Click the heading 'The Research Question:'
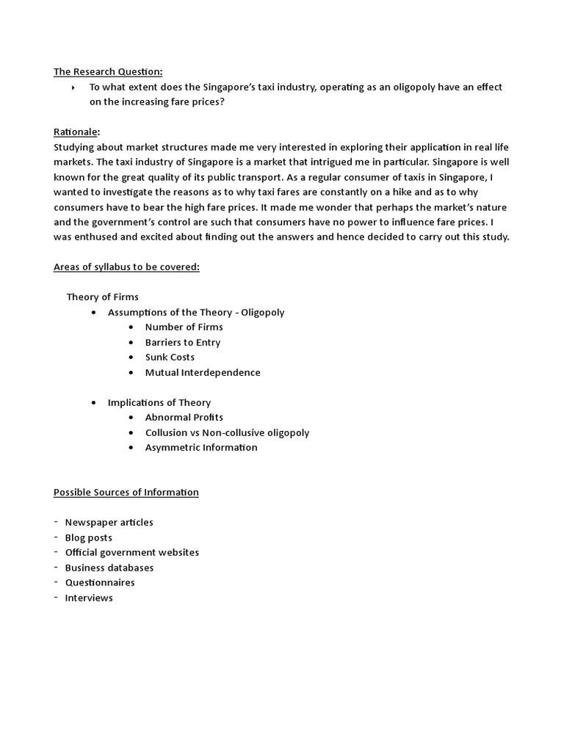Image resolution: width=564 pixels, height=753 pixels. click(x=108, y=71)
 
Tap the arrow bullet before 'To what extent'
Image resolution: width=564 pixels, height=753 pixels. click(x=74, y=88)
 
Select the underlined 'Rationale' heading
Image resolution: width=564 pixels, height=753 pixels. click(x=76, y=132)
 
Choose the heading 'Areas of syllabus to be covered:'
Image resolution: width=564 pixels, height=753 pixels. click(x=126, y=267)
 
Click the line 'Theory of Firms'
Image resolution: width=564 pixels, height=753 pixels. click(x=101, y=297)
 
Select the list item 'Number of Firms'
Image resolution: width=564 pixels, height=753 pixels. click(x=184, y=327)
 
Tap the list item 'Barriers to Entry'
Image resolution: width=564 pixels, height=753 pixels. click(x=182, y=342)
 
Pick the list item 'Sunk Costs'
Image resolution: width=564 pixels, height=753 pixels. click(x=170, y=357)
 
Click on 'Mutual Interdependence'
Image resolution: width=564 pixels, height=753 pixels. click(x=203, y=372)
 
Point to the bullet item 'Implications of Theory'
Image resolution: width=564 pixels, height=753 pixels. click(x=159, y=402)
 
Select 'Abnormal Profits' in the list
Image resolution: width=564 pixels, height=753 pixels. click(x=184, y=418)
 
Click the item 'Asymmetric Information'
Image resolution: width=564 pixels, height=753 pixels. click(x=201, y=447)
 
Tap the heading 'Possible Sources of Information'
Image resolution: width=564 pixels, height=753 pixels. click(x=126, y=492)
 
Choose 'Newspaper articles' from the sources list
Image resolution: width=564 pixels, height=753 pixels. click(x=109, y=522)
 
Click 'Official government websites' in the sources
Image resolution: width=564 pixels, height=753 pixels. click(x=131, y=552)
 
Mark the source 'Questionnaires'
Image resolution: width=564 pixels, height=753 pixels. click(x=100, y=582)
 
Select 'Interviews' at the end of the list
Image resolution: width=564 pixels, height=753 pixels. click(x=89, y=598)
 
